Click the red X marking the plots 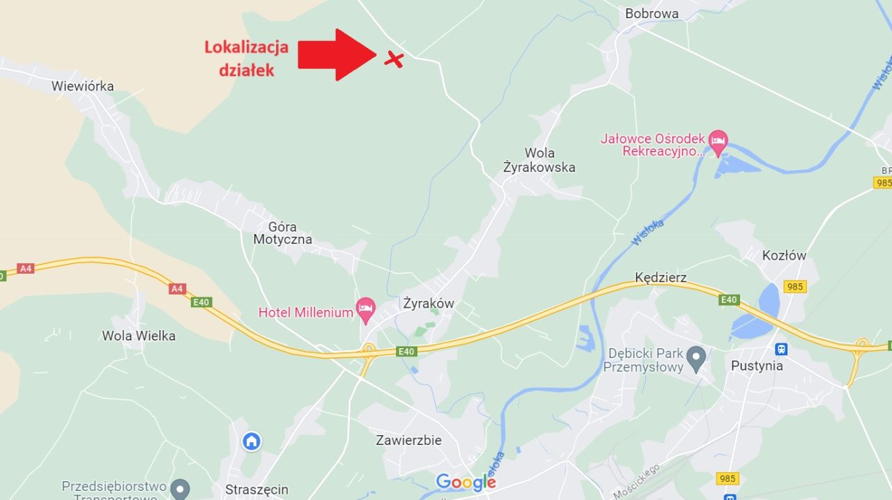pos(394,59)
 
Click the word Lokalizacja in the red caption pos(246,47)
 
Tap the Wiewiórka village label pos(82,86)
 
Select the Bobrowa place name pos(652,13)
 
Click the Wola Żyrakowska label pos(539,160)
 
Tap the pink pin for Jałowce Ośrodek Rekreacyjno pos(718,141)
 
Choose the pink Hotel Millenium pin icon pos(365,308)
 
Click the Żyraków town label pos(429,304)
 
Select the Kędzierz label pos(661,278)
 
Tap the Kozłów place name pos(784,256)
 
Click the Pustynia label pos(757,366)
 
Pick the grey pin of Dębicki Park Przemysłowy pos(695,359)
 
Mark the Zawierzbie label pos(408,440)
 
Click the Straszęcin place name pos(256,490)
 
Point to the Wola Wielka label pos(139,336)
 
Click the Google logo pos(466,482)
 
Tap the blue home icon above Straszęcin pos(252,441)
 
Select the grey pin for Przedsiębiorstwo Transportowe pos(180,488)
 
